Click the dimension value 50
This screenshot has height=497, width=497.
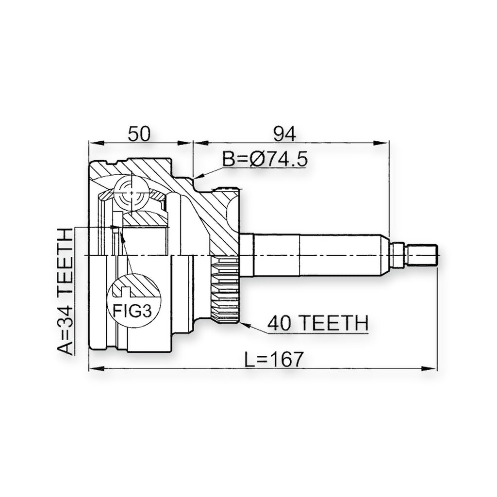point(139,134)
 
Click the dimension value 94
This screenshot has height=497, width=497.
point(284,134)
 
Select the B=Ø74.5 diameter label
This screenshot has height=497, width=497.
point(265,159)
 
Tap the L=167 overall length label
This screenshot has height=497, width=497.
point(275,360)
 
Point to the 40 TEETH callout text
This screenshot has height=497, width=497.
point(318,323)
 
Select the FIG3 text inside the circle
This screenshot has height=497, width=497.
point(132,311)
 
